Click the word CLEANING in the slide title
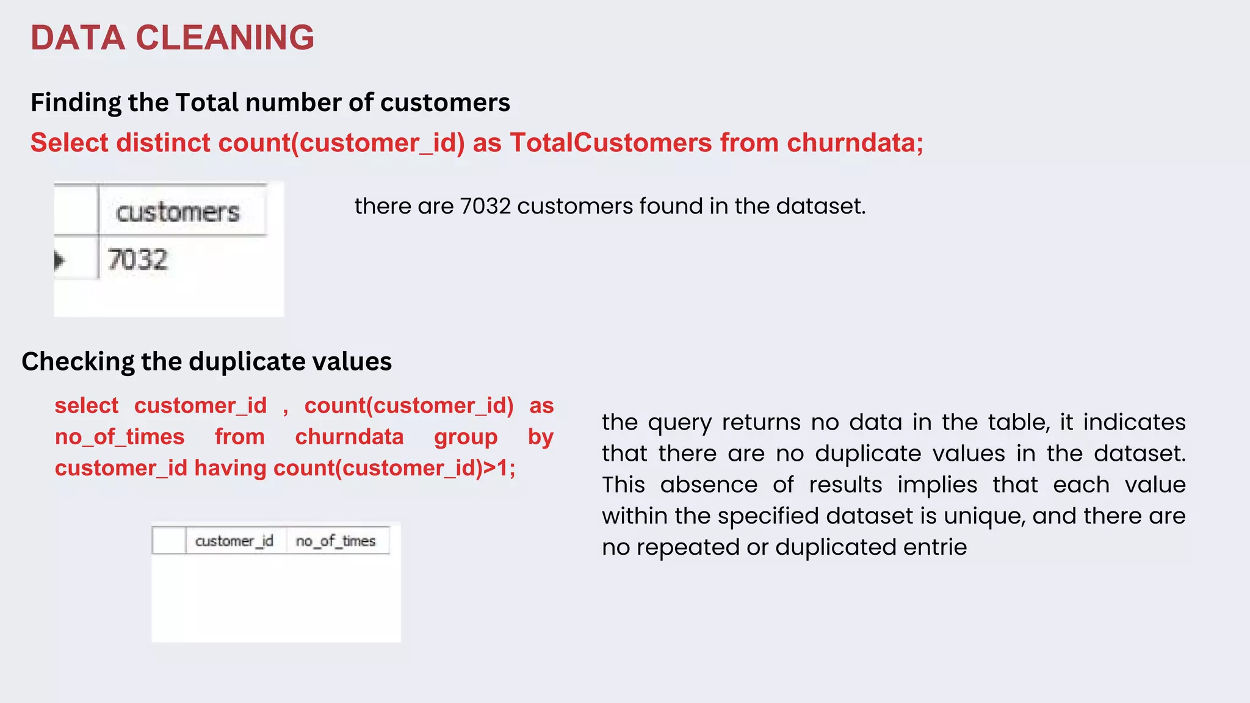pos(225,38)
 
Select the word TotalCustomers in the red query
pos(611,143)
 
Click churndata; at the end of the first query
pos(855,143)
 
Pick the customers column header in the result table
pos(178,212)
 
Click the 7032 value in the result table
pos(137,259)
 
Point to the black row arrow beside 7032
pos(59,261)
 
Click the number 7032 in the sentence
pos(485,206)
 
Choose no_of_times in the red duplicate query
pos(120,437)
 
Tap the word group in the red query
pos(466,437)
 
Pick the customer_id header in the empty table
pos(234,541)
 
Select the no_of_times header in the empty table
pos(336,541)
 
